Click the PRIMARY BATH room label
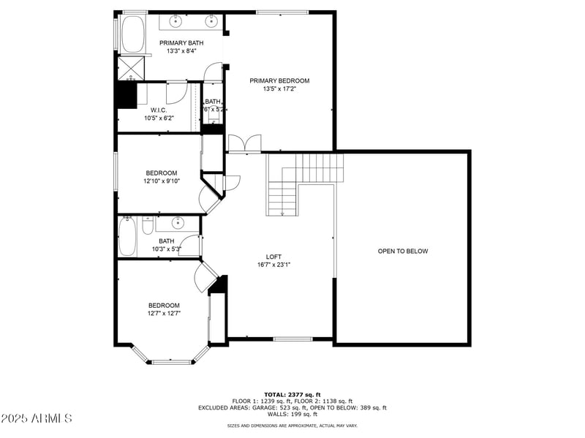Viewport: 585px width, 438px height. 181,43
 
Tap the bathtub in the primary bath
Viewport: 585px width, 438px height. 132,34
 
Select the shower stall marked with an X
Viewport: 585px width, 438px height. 132,68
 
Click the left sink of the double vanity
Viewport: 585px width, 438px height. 178,20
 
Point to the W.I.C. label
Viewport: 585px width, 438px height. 159,110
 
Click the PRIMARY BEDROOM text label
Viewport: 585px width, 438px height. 279,81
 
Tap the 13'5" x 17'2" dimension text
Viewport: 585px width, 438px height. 279,89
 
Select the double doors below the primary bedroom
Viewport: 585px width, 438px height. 244,143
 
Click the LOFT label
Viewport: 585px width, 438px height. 273,257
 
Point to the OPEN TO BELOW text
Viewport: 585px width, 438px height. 402,251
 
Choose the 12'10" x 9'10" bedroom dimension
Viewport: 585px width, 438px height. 161,181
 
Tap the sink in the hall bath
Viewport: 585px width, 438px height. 178,222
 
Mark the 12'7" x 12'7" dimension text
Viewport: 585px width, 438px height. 164,313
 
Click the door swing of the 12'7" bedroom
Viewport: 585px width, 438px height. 203,276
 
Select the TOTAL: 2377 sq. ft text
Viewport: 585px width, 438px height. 292,394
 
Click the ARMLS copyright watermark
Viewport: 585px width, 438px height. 37,419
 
